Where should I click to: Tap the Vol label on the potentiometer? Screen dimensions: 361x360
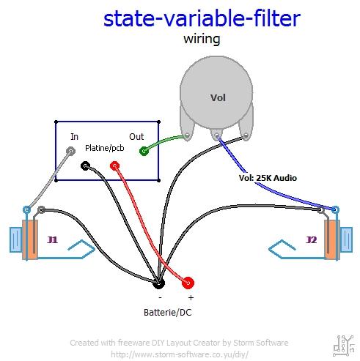218,97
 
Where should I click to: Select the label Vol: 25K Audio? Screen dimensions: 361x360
268,177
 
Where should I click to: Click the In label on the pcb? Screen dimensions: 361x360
74,136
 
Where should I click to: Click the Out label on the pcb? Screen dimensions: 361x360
136,136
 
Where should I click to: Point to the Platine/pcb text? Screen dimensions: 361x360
106,148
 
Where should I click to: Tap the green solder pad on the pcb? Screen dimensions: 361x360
144,151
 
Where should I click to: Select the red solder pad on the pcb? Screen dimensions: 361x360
114,166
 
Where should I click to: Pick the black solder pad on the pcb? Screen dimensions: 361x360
86,166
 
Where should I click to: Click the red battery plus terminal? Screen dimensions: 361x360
188,282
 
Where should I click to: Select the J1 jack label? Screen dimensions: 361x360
51,239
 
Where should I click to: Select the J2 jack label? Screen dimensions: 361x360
311,239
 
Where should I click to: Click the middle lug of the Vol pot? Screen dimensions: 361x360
217,135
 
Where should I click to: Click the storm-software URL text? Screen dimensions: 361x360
179,354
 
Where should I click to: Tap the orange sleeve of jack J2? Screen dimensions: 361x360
330,241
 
